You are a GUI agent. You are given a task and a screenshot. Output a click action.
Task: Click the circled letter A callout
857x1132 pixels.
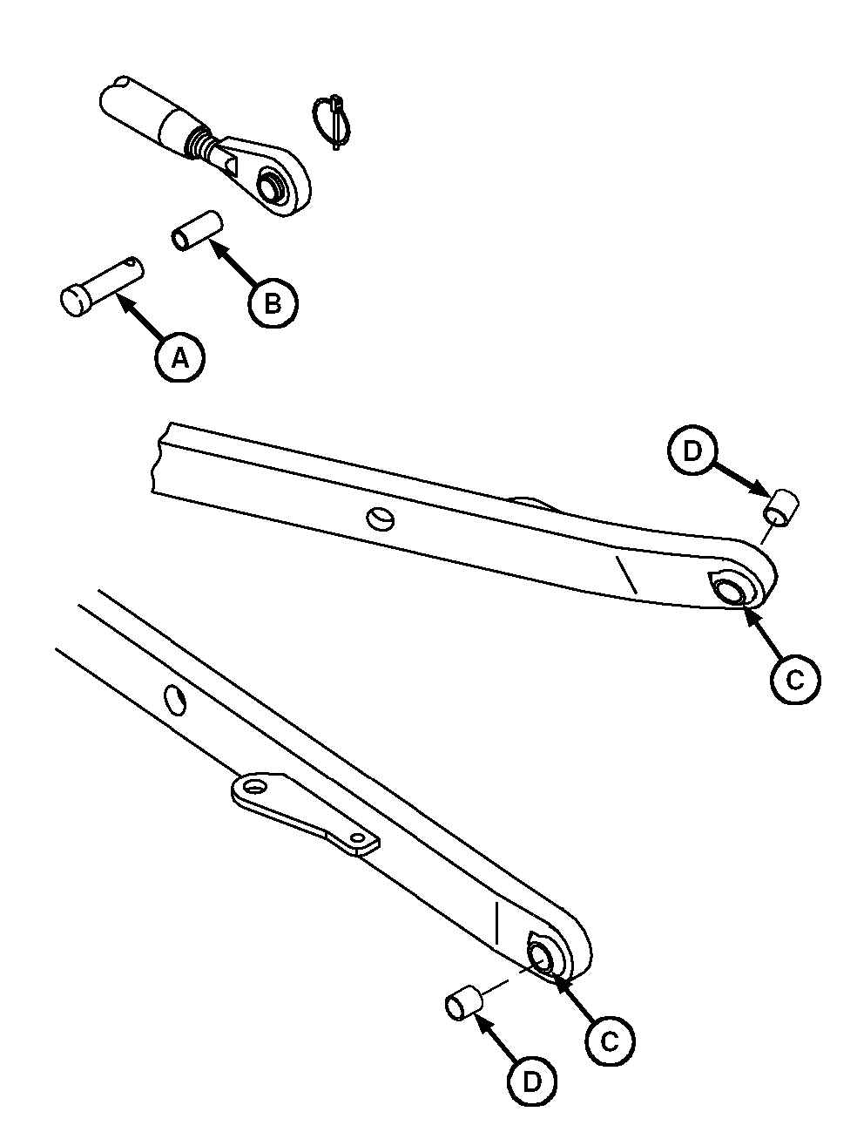pyautogui.click(x=180, y=357)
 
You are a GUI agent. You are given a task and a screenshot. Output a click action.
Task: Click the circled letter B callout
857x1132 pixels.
pyautogui.click(x=273, y=302)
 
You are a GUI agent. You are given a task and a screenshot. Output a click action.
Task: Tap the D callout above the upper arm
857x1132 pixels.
pyautogui.click(x=692, y=451)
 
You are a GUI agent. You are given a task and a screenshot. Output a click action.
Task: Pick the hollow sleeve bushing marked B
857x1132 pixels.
pyautogui.click(x=197, y=231)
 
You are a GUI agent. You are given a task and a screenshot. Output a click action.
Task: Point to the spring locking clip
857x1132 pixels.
pyautogui.click(x=334, y=122)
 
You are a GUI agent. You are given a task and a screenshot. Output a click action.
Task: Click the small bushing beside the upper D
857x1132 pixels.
pyautogui.click(x=780, y=508)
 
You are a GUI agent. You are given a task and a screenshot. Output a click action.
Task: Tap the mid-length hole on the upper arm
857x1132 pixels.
pyautogui.click(x=381, y=519)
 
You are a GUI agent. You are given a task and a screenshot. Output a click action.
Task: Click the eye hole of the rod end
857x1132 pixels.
pyautogui.click(x=271, y=186)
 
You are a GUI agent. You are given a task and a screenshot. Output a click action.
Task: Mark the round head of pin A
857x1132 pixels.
pyautogui.click(x=75, y=302)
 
